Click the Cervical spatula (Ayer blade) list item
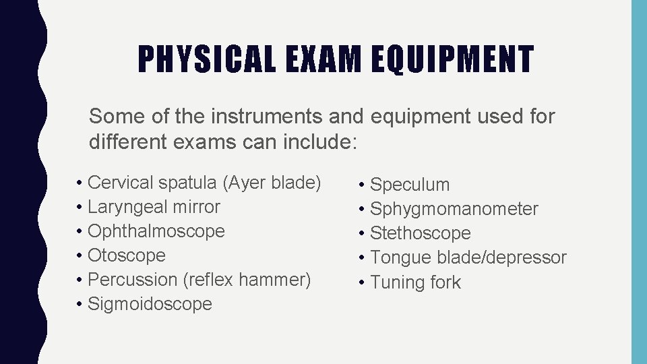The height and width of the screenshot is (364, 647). point(204,183)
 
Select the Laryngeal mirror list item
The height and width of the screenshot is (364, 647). point(154,207)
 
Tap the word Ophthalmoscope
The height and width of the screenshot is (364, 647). point(156,231)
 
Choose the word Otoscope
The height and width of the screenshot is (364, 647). point(127,255)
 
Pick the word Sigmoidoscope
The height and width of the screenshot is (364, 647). point(150,304)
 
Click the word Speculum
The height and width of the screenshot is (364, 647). point(410,185)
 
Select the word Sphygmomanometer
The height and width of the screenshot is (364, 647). point(454,209)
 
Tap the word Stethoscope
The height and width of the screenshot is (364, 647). point(421,233)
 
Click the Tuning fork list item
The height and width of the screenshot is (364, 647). point(415,282)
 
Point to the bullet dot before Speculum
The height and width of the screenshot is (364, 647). point(363,185)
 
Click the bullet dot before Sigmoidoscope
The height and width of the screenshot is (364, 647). point(80,305)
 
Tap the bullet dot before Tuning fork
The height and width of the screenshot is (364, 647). point(363,282)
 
